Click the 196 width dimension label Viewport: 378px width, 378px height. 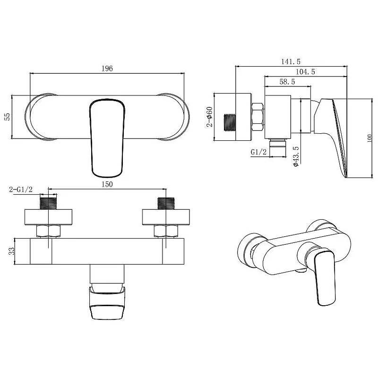tap(107, 69)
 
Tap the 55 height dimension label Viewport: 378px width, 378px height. tap(8, 117)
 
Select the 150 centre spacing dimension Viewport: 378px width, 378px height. tap(107, 184)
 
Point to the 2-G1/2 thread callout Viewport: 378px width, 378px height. tap(21, 189)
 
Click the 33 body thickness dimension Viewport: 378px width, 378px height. tap(11, 251)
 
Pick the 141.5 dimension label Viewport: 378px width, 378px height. tap(291, 62)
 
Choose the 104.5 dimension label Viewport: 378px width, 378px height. tap(305, 72)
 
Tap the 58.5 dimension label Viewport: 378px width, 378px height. tap(287, 82)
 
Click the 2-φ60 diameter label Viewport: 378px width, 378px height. tap(209, 117)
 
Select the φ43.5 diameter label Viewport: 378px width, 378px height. tap(296, 156)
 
